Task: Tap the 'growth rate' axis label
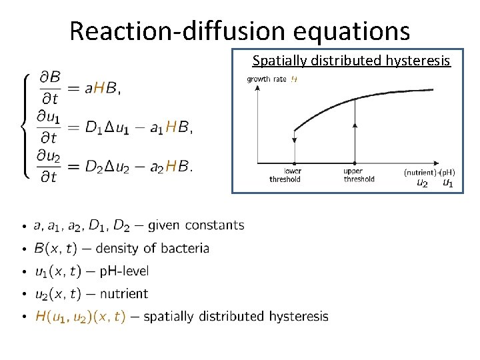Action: point(267,79)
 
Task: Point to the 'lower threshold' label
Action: point(285,175)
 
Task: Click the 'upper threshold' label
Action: point(359,175)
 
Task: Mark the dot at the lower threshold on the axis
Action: point(294,163)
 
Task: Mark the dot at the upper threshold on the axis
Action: point(354,163)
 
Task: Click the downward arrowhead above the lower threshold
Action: point(294,140)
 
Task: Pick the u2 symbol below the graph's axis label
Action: point(422,183)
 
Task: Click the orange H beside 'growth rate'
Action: point(294,79)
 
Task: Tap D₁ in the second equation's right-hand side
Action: point(94,127)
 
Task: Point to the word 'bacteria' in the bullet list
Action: point(185,249)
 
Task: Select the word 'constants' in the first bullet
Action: point(215,225)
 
